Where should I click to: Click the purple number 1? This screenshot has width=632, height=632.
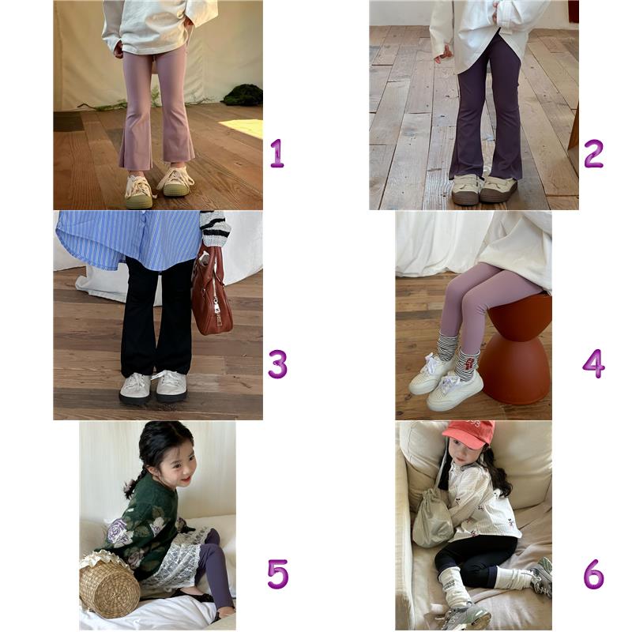pyautogui.click(x=277, y=153)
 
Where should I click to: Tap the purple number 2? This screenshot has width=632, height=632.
pyautogui.click(x=593, y=153)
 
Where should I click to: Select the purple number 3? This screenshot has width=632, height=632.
pyautogui.click(x=278, y=364)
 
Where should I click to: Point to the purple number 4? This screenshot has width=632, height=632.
pyautogui.click(x=594, y=364)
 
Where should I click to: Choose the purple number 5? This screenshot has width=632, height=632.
pyautogui.click(x=278, y=574)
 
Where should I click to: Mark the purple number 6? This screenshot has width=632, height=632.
pyautogui.click(x=594, y=574)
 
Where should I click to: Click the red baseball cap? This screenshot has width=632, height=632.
pyautogui.click(x=469, y=434)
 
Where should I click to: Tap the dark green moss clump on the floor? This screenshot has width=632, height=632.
pyautogui.click(x=243, y=95)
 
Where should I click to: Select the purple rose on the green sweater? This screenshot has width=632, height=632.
pyautogui.click(x=121, y=532)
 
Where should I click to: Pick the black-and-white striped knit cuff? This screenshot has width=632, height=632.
pyautogui.click(x=215, y=228)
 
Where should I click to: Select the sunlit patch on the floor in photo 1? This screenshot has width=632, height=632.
pyautogui.click(x=243, y=128)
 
